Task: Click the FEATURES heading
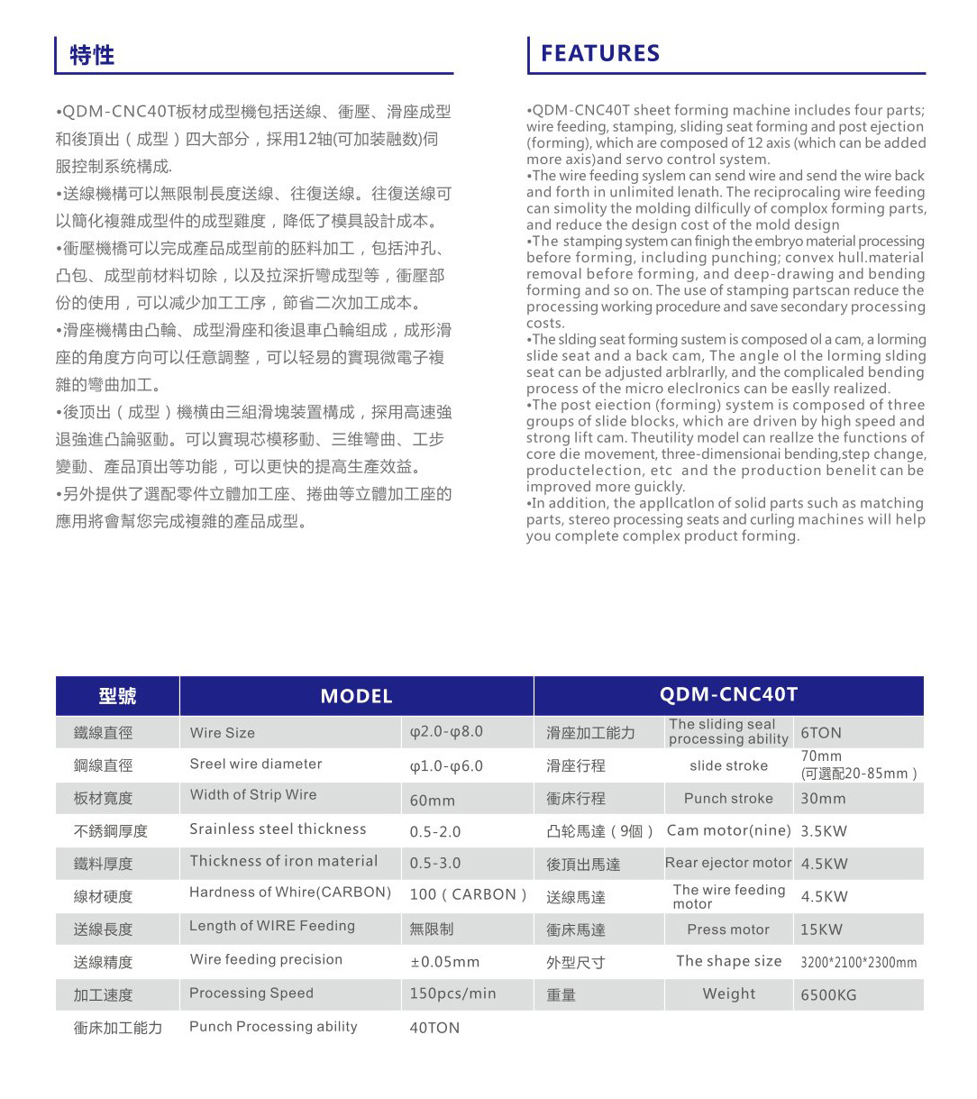pos(600,53)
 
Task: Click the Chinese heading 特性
pos(92,55)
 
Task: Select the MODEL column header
pos(356,696)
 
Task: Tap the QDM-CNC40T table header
pos(728,694)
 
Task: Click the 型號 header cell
pos(117,696)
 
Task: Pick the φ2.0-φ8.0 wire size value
pos(446,731)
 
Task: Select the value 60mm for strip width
pos(433,800)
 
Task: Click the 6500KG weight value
pos(828,995)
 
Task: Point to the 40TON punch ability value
pos(434,1028)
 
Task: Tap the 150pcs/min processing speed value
pos(452,994)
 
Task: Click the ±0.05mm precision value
pos(444,962)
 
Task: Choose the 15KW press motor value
pos(821,930)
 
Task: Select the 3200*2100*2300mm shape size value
pos(858,962)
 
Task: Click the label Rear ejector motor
pos(728,863)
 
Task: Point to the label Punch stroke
pos(728,798)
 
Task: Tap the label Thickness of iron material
pos(283,861)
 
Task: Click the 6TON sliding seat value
pos(821,733)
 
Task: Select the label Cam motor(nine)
pos(728,830)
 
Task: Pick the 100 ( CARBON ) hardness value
pos(468,894)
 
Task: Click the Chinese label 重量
pos(562,995)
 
